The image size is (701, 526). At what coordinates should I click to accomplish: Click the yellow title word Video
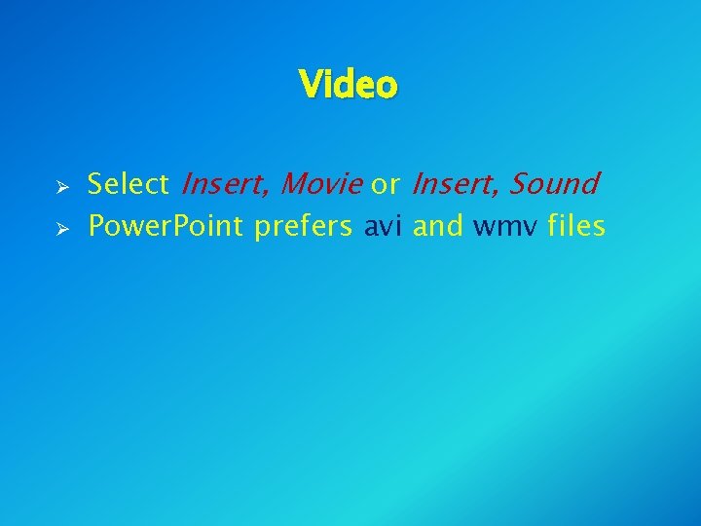pos(349,85)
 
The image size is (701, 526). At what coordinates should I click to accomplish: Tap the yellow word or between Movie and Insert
pos(386,183)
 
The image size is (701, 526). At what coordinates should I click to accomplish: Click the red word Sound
pos(554,183)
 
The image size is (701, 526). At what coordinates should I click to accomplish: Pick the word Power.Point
pos(166,227)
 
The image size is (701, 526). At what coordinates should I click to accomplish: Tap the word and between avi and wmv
pos(439,227)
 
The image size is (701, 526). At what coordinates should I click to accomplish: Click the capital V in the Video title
pos(311,85)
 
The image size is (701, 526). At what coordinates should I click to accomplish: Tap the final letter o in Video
pos(387,88)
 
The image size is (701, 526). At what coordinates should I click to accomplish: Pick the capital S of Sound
pos(519,183)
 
